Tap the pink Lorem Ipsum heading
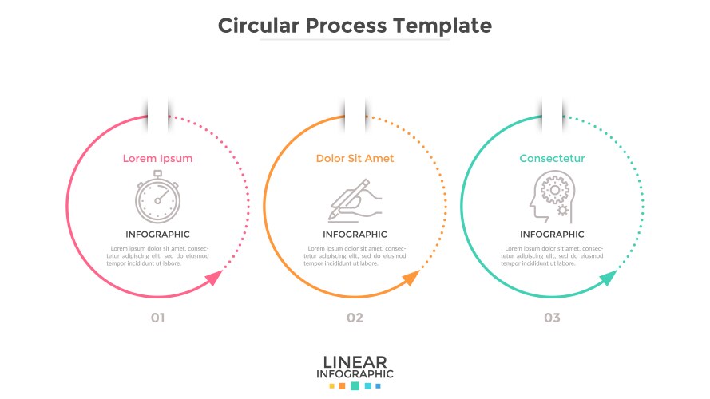tap(157, 158)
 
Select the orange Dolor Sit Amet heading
tap(355, 158)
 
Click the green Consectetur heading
tap(552, 158)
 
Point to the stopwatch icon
tap(157, 199)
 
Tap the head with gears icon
tap(550, 199)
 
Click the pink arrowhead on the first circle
tap(213, 279)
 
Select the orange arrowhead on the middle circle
tap(411, 279)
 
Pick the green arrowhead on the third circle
tap(608, 279)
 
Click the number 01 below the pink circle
tap(157, 318)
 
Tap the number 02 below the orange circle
tap(355, 318)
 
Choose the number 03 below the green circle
tap(552, 318)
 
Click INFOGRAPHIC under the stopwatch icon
tap(157, 235)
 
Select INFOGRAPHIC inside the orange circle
tap(355, 235)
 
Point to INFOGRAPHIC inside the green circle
tap(552, 235)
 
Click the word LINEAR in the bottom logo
tap(355, 361)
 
